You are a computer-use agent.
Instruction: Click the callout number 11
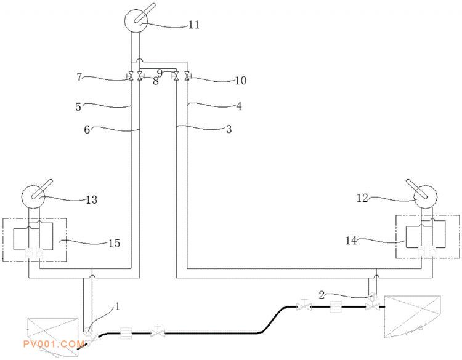(194, 25)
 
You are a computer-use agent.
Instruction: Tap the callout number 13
(92, 199)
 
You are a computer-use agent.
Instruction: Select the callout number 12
(362, 198)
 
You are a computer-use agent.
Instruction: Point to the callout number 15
(115, 243)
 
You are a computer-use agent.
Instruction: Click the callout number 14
(351, 241)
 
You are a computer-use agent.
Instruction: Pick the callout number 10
(240, 81)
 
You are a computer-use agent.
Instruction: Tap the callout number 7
(79, 77)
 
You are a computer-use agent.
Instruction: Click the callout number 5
(78, 106)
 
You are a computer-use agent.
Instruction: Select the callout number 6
(87, 129)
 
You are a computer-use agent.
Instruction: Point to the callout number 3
(229, 129)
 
